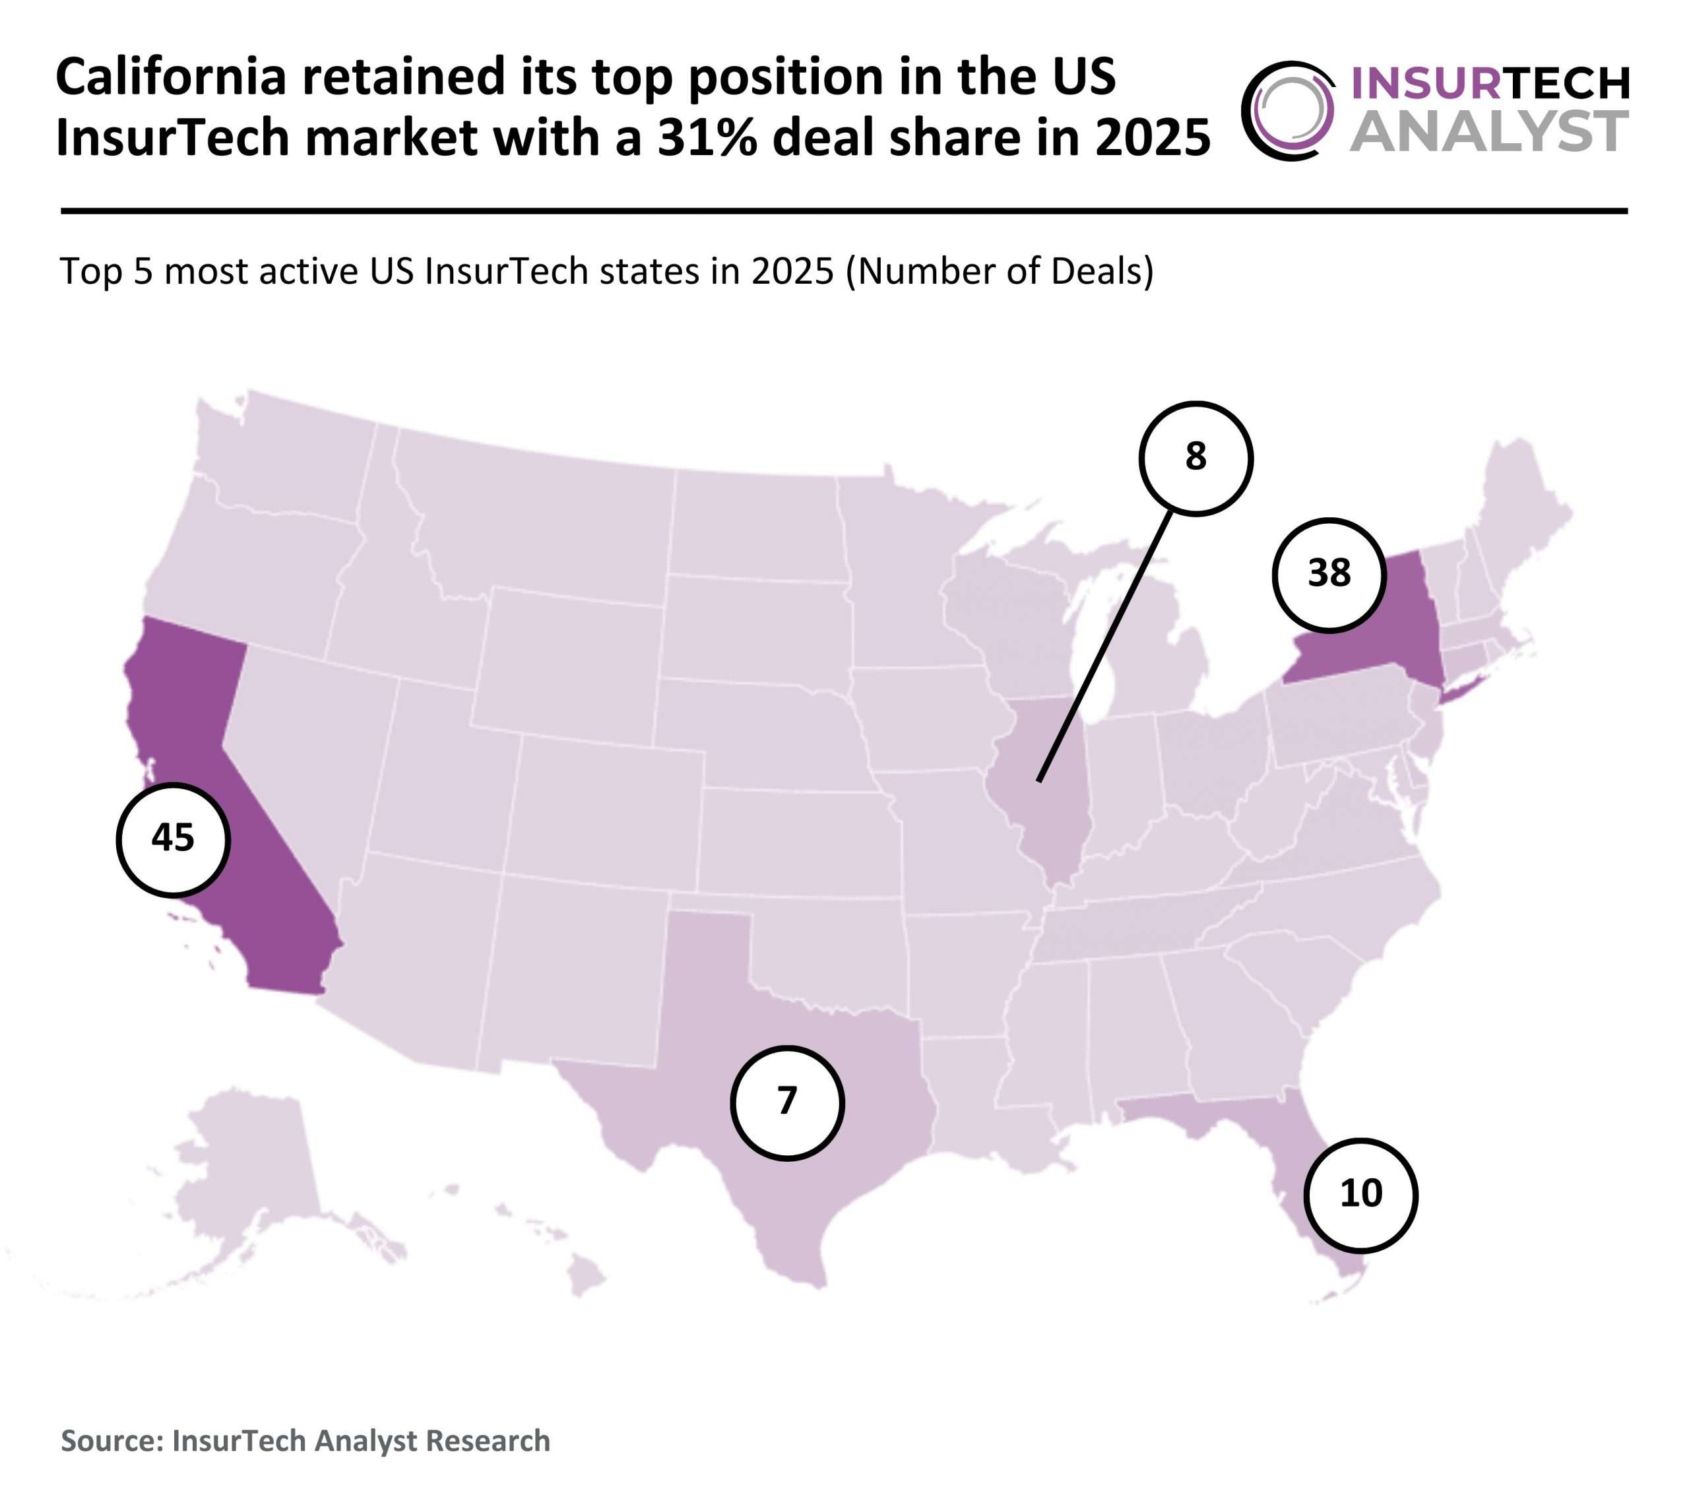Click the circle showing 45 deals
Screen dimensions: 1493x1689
click(173, 839)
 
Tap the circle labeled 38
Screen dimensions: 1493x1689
click(1329, 574)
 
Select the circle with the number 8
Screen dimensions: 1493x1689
click(1195, 458)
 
